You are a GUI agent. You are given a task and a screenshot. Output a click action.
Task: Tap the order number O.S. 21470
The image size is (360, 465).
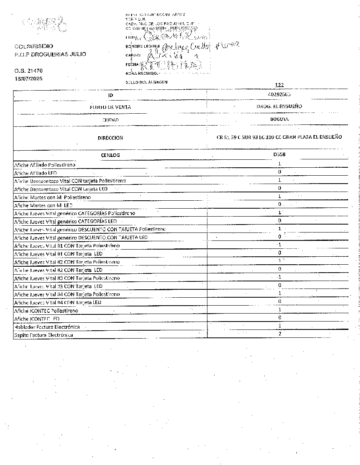(28, 71)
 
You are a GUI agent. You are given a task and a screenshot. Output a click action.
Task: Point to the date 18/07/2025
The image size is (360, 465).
(28, 78)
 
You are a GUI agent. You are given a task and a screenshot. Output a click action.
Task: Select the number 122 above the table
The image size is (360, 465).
(279, 85)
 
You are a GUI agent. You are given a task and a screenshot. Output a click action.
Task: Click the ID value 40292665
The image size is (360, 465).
(279, 95)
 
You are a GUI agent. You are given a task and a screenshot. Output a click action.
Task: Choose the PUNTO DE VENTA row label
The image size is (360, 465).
(110, 107)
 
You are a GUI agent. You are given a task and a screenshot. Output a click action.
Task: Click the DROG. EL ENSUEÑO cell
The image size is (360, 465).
(279, 106)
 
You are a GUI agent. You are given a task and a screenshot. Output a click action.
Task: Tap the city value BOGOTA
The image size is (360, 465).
(279, 119)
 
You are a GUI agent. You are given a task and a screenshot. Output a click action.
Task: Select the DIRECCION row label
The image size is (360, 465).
(110, 138)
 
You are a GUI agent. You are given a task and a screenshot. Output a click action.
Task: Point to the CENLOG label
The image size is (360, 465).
(110, 155)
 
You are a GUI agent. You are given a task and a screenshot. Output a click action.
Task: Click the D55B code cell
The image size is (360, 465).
(279, 155)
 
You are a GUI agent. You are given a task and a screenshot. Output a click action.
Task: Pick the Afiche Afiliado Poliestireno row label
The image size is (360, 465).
(45, 165)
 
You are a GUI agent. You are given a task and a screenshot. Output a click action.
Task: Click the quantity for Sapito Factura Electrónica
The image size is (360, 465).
(280, 334)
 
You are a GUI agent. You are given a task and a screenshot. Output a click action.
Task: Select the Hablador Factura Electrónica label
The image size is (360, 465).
(47, 327)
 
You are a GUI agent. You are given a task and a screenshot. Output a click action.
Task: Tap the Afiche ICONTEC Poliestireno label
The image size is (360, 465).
(46, 310)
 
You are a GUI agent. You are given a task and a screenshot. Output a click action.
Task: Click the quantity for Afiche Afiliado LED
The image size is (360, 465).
(280, 172)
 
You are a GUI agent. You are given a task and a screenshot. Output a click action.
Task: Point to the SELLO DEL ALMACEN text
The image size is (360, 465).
(146, 82)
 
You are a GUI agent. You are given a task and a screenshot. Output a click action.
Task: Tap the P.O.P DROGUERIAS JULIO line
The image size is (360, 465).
(50, 54)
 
